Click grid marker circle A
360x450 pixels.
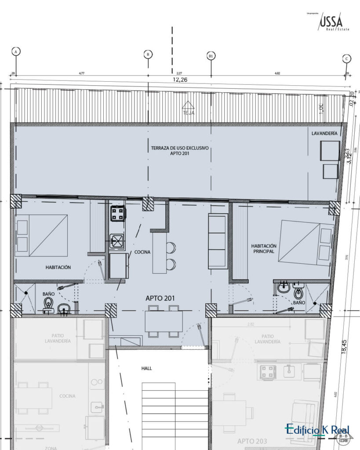[x=16, y=51]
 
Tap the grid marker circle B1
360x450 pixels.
[x=211, y=56]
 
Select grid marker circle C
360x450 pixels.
[x=347, y=59]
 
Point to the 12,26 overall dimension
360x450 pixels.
[x=180, y=80]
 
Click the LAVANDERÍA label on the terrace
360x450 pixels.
[x=325, y=133]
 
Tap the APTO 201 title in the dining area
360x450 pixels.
[x=160, y=298]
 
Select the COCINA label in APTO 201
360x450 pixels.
[x=143, y=252]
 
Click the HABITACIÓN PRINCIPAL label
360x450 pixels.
[x=263, y=249]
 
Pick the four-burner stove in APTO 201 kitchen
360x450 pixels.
[x=117, y=214]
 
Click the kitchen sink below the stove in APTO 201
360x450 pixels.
[x=117, y=240]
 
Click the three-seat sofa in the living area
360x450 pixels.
[x=218, y=241]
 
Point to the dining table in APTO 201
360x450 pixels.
[x=164, y=321]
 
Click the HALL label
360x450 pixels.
[x=146, y=368]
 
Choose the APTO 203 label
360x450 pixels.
[x=251, y=441]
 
